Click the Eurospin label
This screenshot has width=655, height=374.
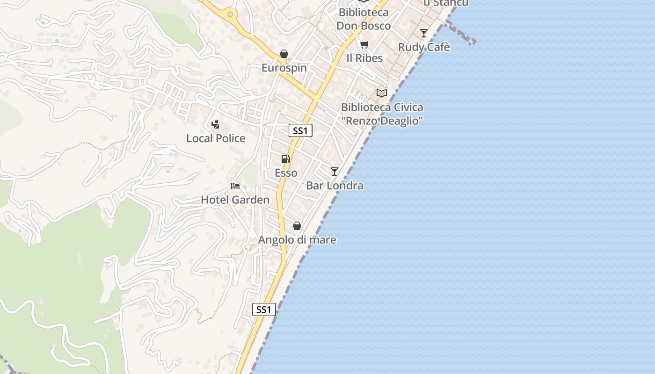click(x=284, y=68)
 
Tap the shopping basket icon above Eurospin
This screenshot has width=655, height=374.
click(x=284, y=54)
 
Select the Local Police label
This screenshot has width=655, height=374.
click(x=216, y=138)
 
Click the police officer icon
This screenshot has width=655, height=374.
click(x=215, y=124)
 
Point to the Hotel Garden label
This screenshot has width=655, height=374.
click(x=235, y=200)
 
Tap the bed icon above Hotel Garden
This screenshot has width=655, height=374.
click(x=235, y=186)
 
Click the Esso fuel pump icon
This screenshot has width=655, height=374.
click(x=285, y=159)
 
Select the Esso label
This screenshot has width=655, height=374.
click(x=286, y=173)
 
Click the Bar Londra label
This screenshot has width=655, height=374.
click(x=335, y=186)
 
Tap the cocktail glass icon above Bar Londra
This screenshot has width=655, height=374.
click(x=334, y=172)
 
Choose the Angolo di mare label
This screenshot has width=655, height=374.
click(x=297, y=240)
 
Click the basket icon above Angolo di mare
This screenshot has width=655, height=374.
click(x=297, y=226)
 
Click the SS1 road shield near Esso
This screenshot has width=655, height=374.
click(x=300, y=131)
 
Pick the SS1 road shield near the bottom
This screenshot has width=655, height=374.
click(x=264, y=309)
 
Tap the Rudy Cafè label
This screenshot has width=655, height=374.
click(x=424, y=47)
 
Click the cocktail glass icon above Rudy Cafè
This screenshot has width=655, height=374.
click(x=423, y=33)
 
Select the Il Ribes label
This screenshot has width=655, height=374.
click(x=364, y=58)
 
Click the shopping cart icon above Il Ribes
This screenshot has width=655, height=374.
click(x=364, y=45)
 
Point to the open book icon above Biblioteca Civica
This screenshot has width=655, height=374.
click(x=382, y=93)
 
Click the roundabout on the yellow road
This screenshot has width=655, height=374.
click(x=230, y=14)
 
